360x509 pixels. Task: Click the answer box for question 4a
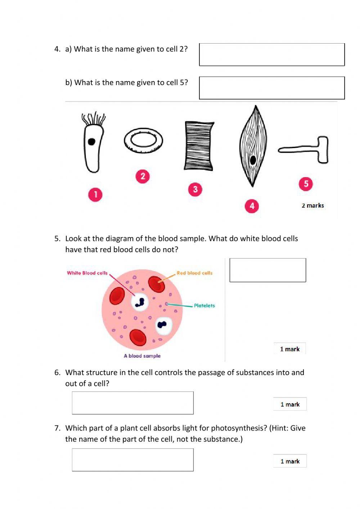[x=272, y=55]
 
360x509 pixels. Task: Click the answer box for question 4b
[x=272, y=88]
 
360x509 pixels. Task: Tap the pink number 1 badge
[x=95, y=195]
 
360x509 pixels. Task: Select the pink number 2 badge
[x=143, y=176]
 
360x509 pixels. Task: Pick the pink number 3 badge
[x=195, y=189]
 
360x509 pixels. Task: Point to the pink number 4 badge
[x=252, y=206]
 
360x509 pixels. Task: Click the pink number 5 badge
[x=306, y=184]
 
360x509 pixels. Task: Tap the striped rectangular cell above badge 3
[x=199, y=146]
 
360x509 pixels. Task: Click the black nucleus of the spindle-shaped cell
[x=253, y=160]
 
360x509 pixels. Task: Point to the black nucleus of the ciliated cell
[x=92, y=142]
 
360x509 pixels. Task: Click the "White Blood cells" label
[x=87, y=273]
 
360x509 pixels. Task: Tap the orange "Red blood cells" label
[x=194, y=273]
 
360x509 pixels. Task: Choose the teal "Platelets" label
[x=204, y=305]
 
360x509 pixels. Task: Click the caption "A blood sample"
[x=142, y=356]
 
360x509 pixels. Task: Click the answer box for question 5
[x=267, y=270]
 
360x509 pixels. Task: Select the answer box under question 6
[x=132, y=403]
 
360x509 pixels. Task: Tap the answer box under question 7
[x=132, y=460]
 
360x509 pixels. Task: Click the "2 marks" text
[x=312, y=206]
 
